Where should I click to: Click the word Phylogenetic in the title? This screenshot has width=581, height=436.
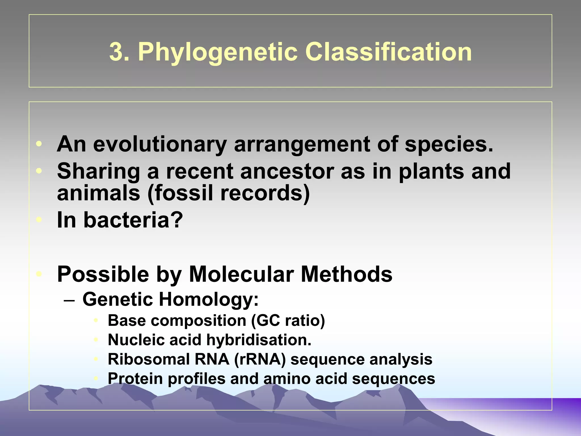pos(217,53)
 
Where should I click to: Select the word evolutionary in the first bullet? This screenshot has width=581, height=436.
pos(159,144)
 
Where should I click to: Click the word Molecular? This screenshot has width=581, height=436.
pos(241,274)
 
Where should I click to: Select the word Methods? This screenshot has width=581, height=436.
pos(346,274)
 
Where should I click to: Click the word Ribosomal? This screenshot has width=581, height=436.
pos(148,359)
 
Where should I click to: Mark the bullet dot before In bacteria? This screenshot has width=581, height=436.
pos(39,220)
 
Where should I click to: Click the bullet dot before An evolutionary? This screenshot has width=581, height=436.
pos(39,144)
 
